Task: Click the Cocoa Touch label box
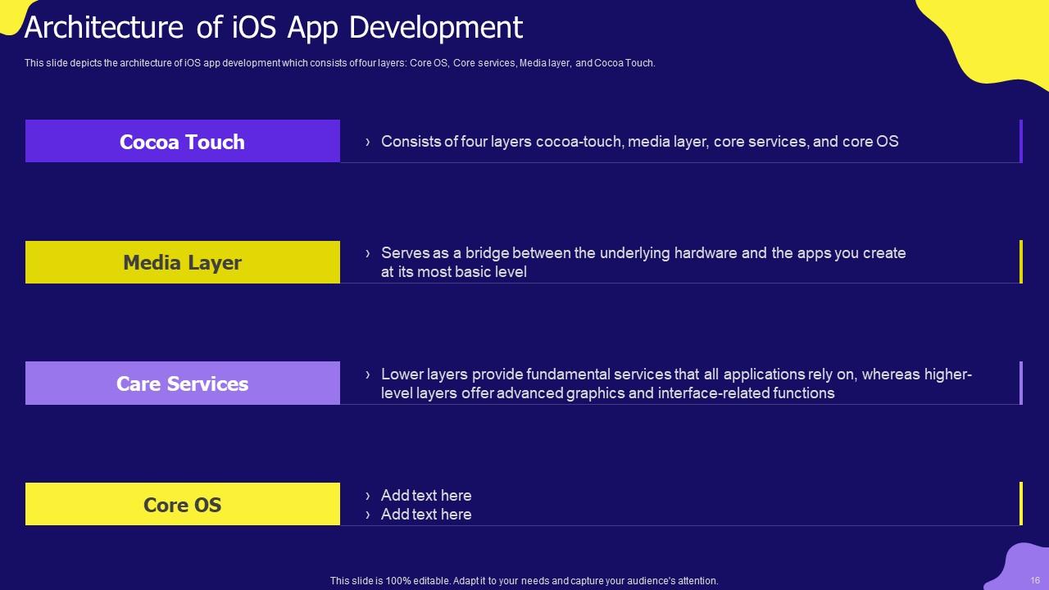pyautogui.click(x=182, y=141)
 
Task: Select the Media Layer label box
pyautogui.click(x=182, y=262)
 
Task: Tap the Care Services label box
pyautogui.click(x=182, y=383)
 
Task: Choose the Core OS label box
pyautogui.click(x=182, y=504)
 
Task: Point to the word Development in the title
pyautogui.click(x=436, y=28)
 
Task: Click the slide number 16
pyautogui.click(x=1035, y=580)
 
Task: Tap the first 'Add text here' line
pyautogui.click(x=426, y=496)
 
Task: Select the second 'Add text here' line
pyautogui.click(x=426, y=515)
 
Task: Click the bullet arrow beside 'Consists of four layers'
pyautogui.click(x=368, y=142)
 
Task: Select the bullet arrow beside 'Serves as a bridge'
pyautogui.click(x=368, y=253)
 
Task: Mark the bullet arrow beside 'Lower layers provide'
pyautogui.click(x=368, y=374)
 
